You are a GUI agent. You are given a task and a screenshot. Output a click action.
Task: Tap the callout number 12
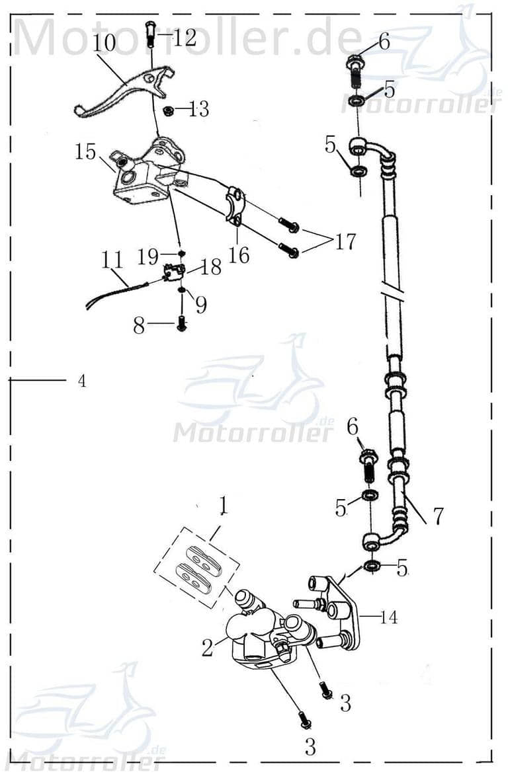pos(185,38)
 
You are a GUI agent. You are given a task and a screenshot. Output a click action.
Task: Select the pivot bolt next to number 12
pos(149,32)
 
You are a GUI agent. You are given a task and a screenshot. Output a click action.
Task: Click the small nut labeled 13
pos(169,109)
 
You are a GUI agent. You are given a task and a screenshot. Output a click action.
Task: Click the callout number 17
pos(345,243)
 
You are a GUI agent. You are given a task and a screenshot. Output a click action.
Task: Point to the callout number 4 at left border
pos(81,381)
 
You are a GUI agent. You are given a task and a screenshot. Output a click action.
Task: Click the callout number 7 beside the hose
pos(438,516)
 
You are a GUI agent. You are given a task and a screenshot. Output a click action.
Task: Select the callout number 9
pos(200,304)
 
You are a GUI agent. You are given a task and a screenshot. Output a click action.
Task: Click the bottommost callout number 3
pos(310,748)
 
